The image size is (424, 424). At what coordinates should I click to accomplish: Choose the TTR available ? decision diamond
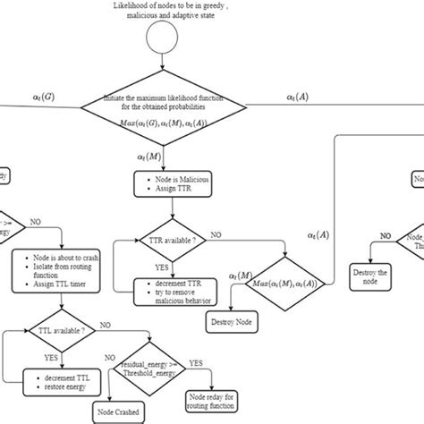(x=175, y=241)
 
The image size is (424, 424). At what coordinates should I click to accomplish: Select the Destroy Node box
(x=232, y=321)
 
